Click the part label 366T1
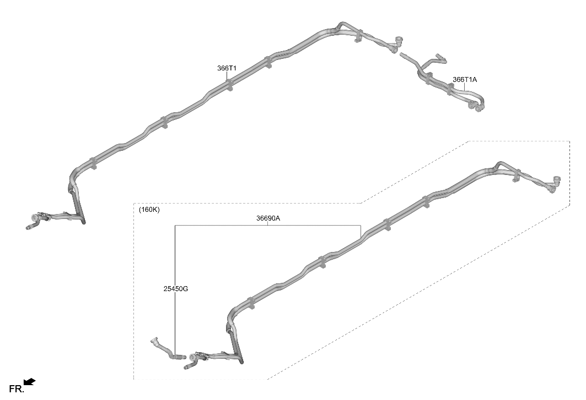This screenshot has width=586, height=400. (227, 68)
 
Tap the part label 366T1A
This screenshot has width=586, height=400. (465, 79)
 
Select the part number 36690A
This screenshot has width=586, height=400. (268, 218)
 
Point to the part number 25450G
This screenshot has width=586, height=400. (176, 289)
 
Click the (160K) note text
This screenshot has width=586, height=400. (149, 210)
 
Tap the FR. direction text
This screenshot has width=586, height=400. (17, 389)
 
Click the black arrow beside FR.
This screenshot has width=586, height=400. (30, 382)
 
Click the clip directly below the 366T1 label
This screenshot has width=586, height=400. (229, 85)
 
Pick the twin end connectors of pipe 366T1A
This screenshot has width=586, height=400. (475, 107)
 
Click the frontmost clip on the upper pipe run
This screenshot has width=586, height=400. (93, 163)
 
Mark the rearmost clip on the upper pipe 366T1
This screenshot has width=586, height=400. (358, 36)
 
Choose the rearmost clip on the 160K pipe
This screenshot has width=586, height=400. (516, 176)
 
